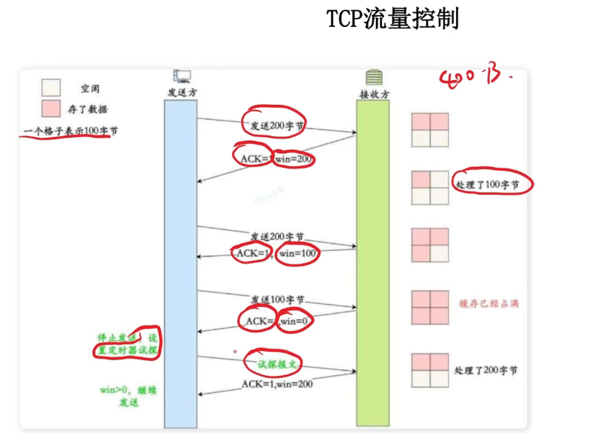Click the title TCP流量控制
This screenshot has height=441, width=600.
coord(393,19)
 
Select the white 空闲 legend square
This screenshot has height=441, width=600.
coord(51,88)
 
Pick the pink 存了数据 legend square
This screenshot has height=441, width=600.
coord(51,109)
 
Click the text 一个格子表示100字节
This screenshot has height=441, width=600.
coord(70,131)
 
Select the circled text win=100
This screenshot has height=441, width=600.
coord(298,254)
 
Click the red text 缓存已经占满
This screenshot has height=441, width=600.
coord(488,303)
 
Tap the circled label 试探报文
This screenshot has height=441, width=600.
coord(274,362)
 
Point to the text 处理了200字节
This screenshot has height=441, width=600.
coord(485,371)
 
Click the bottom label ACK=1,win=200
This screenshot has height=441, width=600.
coord(276,383)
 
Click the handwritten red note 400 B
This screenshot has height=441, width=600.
coord(476,76)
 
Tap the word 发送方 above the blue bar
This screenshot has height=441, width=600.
coord(182,92)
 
